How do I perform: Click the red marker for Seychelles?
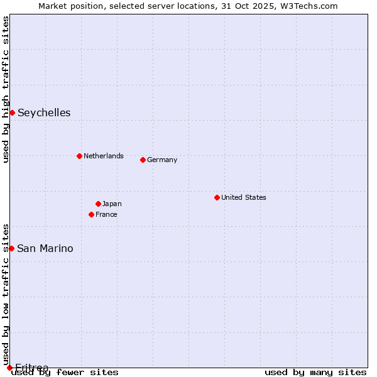click(x=12, y=112)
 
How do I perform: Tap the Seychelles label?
click(x=44, y=113)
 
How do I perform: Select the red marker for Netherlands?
click(x=79, y=156)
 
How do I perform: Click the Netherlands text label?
click(x=104, y=156)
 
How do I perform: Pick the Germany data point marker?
click(x=143, y=160)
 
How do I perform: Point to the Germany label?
click(x=162, y=160)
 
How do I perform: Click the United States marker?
click(x=217, y=197)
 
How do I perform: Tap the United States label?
click(x=244, y=197)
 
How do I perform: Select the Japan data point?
click(x=98, y=204)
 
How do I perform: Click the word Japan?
click(x=112, y=204)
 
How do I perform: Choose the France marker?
click(x=91, y=214)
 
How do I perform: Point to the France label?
click(x=106, y=214)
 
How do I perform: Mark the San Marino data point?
click(x=11, y=248)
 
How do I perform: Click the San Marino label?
click(x=45, y=249)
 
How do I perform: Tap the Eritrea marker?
click(x=9, y=368)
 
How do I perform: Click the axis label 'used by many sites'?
click(x=315, y=373)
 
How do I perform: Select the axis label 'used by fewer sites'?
click(x=65, y=373)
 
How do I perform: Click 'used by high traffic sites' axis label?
click(x=6, y=89)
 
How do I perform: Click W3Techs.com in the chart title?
click(x=308, y=6)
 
